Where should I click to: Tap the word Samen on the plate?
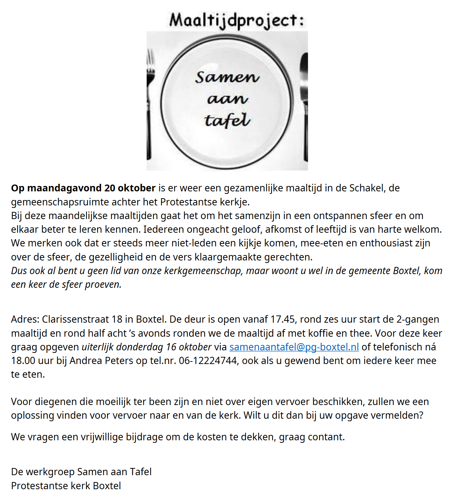(227, 77)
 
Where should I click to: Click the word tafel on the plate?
(227, 121)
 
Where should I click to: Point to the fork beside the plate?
(150, 104)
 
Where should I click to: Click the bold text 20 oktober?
(130, 188)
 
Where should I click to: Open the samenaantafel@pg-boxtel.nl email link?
(294, 347)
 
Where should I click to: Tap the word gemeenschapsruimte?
(54, 202)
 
